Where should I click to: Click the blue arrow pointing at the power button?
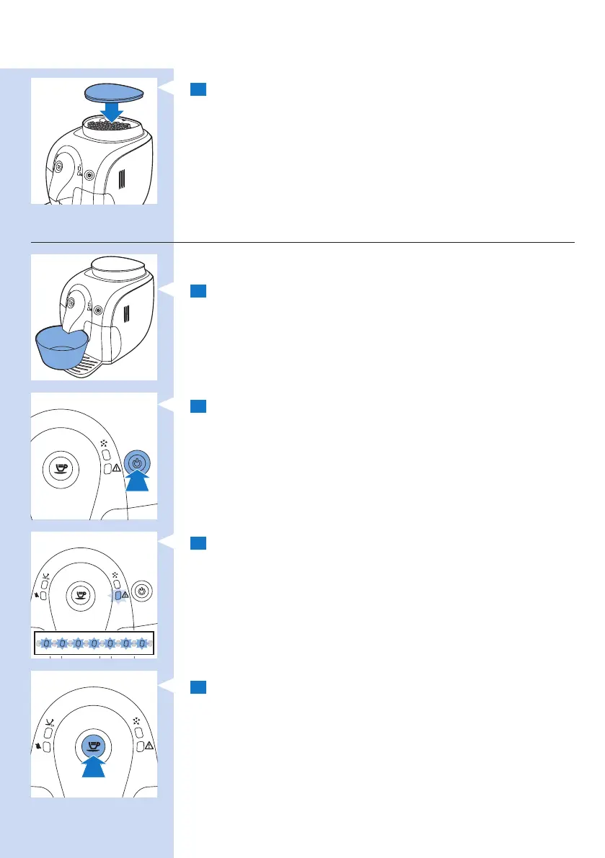pyautogui.click(x=137, y=480)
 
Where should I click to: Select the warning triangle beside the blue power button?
pyautogui.click(x=116, y=469)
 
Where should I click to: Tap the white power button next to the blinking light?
pyautogui.click(x=141, y=590)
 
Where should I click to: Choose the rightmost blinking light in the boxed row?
pyautogui.click(x=143, y=643)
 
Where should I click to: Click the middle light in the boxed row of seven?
pyautogui.click(x=94, y=643)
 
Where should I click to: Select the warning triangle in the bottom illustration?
pyautogui.click(x=150, y=748)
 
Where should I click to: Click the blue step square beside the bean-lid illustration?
pyautogui.click(x=199, y=89)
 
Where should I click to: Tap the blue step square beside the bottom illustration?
pyautogui.click(x=199, y=687)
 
